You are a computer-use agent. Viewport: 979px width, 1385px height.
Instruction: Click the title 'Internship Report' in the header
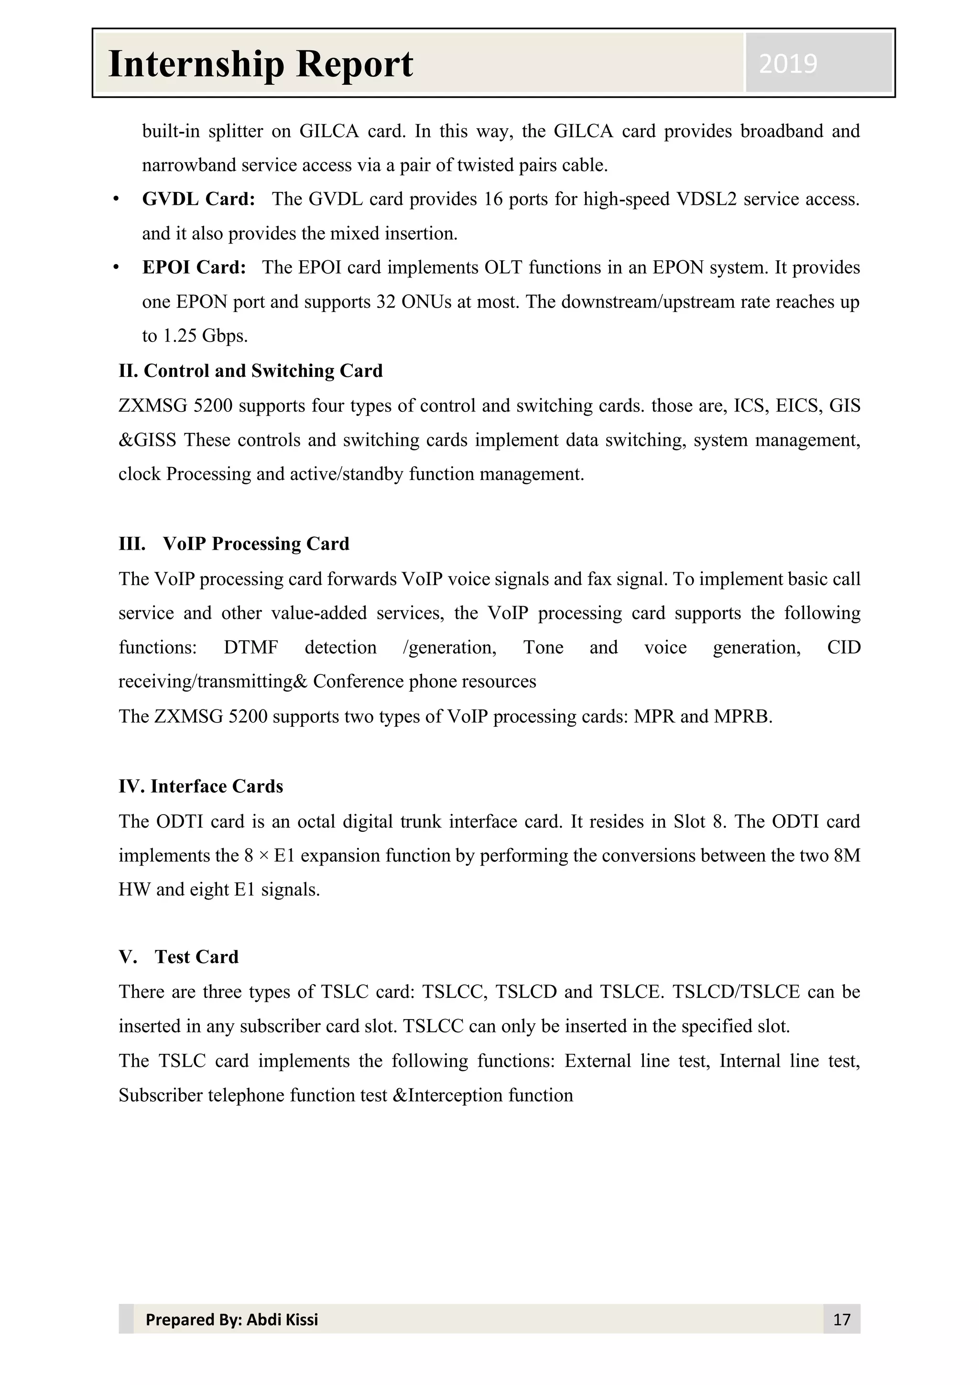click(261, 64)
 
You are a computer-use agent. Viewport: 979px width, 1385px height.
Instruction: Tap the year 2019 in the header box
click(788, 63)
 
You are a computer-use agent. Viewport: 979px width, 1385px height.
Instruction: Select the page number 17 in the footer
click(841, 1319)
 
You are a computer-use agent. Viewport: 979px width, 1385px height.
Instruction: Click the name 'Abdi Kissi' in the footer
click(282, 1319)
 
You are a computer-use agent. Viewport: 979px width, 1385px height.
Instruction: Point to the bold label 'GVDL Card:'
click(198, 199)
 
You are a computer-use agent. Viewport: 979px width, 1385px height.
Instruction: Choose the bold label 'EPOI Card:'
click(194, 267)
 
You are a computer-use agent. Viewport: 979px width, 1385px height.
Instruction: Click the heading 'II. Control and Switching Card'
click(250, 370)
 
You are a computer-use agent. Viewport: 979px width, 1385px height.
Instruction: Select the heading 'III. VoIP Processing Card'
click(234, 543)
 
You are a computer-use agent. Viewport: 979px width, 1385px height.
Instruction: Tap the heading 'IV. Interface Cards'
click(201, 786)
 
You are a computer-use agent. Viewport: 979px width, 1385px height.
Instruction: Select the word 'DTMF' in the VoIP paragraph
click(251, 647)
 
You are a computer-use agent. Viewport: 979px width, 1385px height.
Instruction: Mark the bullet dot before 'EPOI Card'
click(116, 267)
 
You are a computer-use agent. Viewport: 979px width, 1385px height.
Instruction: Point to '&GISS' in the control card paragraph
click(147, 440)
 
